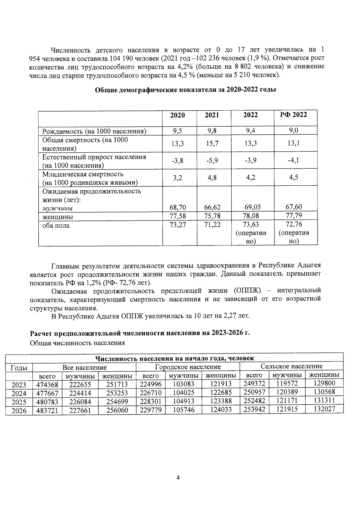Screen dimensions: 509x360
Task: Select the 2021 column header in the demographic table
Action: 212,115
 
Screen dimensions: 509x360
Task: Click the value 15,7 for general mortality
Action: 212,144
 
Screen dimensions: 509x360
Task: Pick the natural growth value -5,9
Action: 212,161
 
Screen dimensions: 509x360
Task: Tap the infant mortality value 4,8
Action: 212,178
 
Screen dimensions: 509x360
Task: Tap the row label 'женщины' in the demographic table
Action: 58,217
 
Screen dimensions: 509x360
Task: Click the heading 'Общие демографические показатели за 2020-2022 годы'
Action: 185,90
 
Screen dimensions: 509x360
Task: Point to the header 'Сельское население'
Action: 292,366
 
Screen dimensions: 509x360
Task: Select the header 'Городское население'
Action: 188,367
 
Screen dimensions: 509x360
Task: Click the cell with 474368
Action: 47,385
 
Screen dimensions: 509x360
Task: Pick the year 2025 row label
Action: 19,402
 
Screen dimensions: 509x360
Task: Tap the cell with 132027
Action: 324,409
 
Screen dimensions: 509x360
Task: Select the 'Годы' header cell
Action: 19,367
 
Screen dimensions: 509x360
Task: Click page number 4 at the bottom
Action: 178,478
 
